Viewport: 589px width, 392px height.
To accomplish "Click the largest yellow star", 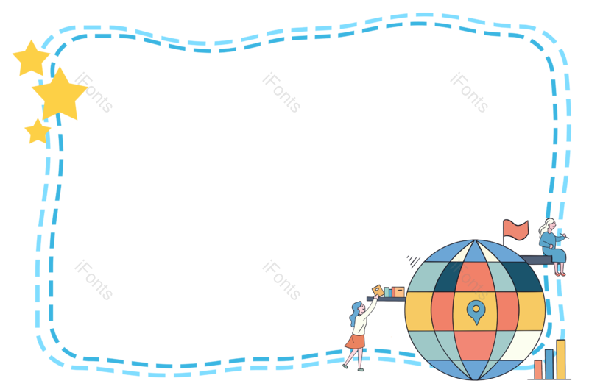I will pos(59,94).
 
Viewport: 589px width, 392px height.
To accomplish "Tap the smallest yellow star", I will pos(37,132).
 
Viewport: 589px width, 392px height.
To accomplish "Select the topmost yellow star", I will pos(31,59).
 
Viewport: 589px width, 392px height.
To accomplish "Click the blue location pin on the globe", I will pos(476,310).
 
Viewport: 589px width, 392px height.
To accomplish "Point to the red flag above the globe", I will pos(515,229).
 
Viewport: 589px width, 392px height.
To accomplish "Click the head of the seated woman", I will pos(548,226).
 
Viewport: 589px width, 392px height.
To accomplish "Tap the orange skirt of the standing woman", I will pos(356,340).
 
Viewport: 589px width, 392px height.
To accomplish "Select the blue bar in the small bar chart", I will pos(549,364).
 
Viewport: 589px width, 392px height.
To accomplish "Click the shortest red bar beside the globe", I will pos(538,370).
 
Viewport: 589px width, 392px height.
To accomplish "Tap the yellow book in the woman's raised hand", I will pos(378,291).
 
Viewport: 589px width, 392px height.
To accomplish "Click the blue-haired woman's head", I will pos(356,310).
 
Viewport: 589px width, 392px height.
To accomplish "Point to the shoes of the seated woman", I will pos(560,273).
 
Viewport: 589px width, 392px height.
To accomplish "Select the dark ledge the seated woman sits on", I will pos(536,260).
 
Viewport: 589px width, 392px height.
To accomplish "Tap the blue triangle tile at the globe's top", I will pos(476,252).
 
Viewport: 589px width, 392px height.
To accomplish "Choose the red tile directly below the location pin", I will pos(476,345).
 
